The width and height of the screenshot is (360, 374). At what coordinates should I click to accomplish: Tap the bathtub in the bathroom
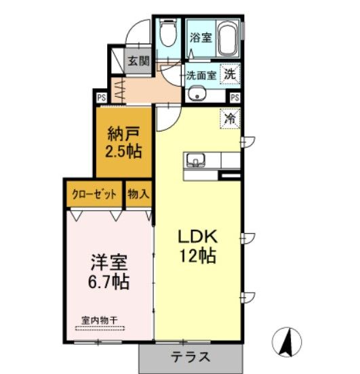(x=227, y=40)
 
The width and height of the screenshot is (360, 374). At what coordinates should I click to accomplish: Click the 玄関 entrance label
(x=138, y=60)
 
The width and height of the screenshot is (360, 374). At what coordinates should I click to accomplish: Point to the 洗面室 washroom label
(x=201, y=75)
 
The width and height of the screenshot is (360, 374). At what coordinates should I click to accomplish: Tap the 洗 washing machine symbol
(x=231, y=74)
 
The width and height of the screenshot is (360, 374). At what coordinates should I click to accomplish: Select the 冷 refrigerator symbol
(x=231, y=118)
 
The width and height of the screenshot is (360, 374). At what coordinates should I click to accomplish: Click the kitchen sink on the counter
(x=197, y=161)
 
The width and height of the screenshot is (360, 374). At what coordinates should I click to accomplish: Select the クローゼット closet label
(x=96, y=194)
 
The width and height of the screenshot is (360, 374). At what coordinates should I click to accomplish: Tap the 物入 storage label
(x=138, y=194)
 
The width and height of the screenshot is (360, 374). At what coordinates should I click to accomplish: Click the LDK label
(x=197, y=237)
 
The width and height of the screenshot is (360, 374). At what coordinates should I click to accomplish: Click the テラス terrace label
(x=190, y=358)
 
